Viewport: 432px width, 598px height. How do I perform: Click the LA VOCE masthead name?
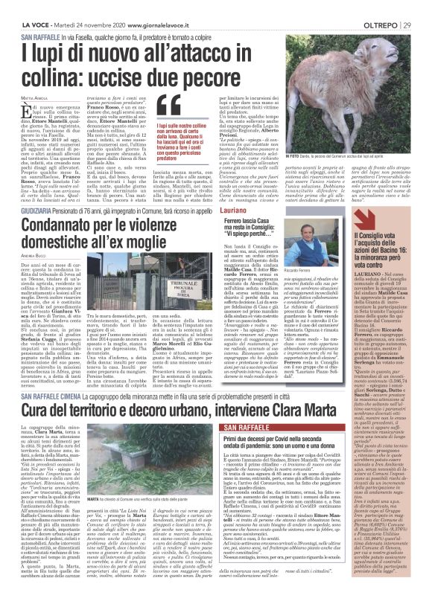coord(16,7)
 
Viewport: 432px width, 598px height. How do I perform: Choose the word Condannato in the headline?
coord(57,207)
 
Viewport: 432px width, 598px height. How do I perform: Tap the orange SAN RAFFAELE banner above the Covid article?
coord(254,430)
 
